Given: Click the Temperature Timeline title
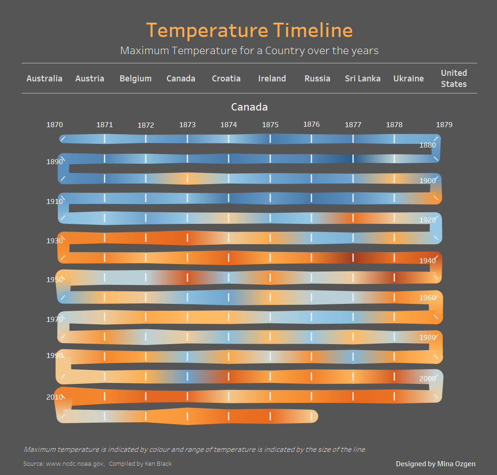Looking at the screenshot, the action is (249, 31).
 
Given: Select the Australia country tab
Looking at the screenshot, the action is (44, 79).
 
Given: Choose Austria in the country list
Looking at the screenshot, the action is (90, 79).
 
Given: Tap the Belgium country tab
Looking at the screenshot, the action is (135, 79).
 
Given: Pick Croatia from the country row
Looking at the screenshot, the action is (226, 79).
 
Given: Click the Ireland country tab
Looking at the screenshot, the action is (272, 79).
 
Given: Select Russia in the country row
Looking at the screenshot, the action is (317, 79).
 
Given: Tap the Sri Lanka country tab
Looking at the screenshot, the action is (363, 79).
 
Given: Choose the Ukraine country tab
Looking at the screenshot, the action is (409, 79).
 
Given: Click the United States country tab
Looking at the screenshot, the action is (454, 79).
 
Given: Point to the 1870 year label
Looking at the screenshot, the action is (55, 125).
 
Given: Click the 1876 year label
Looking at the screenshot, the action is (311, 124).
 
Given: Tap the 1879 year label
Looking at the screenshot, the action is (444, 125).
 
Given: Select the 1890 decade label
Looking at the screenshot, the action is (55, 162).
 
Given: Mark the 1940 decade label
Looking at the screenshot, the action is (428, 261).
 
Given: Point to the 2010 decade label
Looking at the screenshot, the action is (55, 397).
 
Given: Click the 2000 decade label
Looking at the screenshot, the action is (428, 379).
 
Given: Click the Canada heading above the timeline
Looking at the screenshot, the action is (249, 107).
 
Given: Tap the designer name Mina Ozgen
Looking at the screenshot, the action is (456, 464).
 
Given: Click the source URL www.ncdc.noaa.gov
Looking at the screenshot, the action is (75, 464).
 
